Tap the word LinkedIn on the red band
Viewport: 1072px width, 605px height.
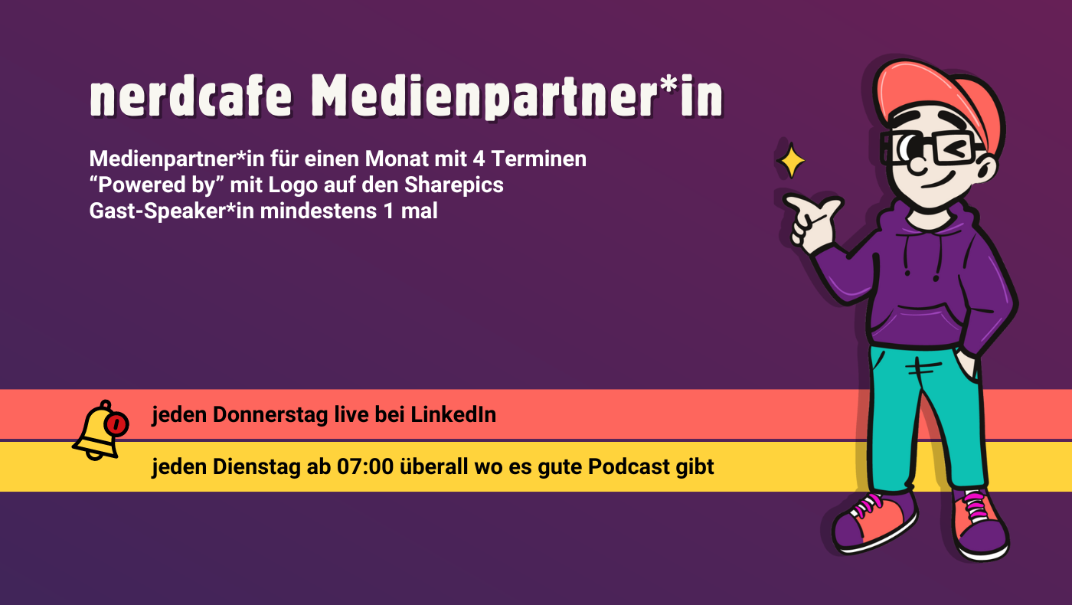pyautogui.click(x=453, y=415)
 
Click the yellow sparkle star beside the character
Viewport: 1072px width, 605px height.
pyautogui.click(x=791, y=161)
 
